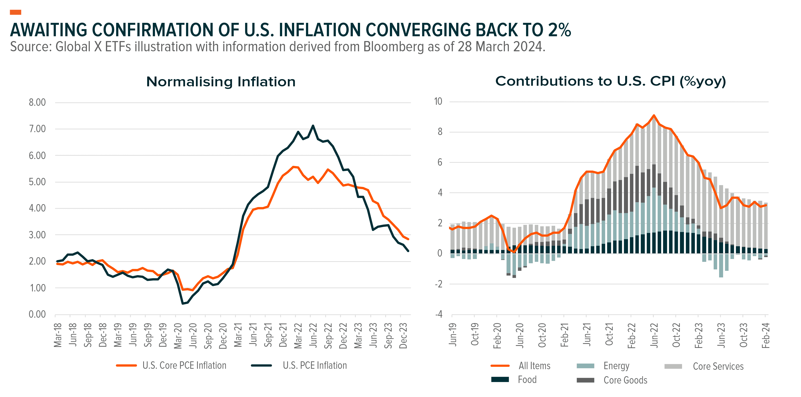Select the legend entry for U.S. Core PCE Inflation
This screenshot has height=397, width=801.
tap(184, 365)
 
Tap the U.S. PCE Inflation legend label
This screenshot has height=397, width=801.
tap(315, 365)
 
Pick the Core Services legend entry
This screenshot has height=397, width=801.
tap(718, 366)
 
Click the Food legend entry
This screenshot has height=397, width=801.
tap(527, 380)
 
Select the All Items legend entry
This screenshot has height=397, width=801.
tap(534, 366)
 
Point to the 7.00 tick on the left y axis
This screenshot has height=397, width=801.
tap(37, 129)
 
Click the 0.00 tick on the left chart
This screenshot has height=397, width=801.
tap(37, 314)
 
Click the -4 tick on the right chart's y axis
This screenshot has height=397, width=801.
tap(439, 314)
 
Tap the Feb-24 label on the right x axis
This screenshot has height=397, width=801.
tap(766, 335)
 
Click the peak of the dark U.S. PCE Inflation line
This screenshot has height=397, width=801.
tap(313, 126)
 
